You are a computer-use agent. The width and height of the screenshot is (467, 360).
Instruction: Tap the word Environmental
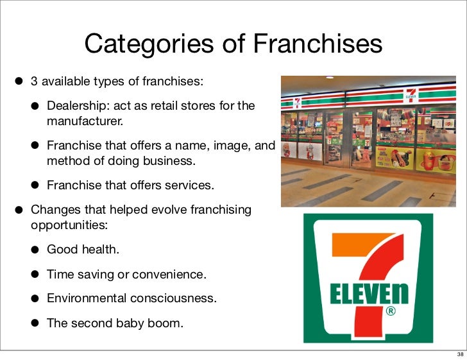(x=86, y=299)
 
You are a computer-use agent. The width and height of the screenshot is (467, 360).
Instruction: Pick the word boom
(x=167, y=323)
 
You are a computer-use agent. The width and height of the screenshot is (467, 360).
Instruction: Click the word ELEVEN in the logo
(x=368, y=295)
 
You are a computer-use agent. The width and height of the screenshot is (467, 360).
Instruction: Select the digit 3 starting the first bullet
(x=35, y=81)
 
